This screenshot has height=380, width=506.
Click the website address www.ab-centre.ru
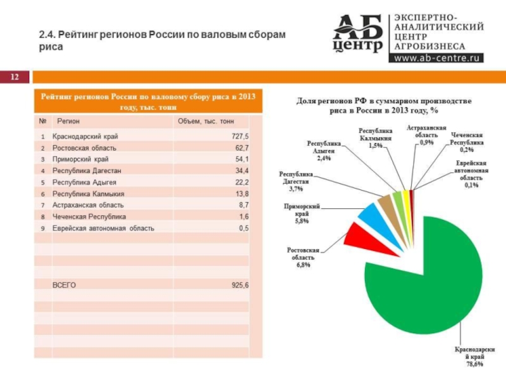point(438,58)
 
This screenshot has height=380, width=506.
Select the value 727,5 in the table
point(240,136)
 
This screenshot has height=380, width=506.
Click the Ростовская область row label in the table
point(79,148)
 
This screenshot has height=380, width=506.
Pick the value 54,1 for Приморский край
point(242,159)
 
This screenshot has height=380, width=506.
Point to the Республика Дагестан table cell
point(86,170)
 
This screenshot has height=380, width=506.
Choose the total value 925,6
point(240,286)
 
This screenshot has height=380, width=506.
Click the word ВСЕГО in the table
point(64,286)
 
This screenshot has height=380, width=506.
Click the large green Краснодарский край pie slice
point(424,279)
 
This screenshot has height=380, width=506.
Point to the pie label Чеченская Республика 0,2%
point(467,142)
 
